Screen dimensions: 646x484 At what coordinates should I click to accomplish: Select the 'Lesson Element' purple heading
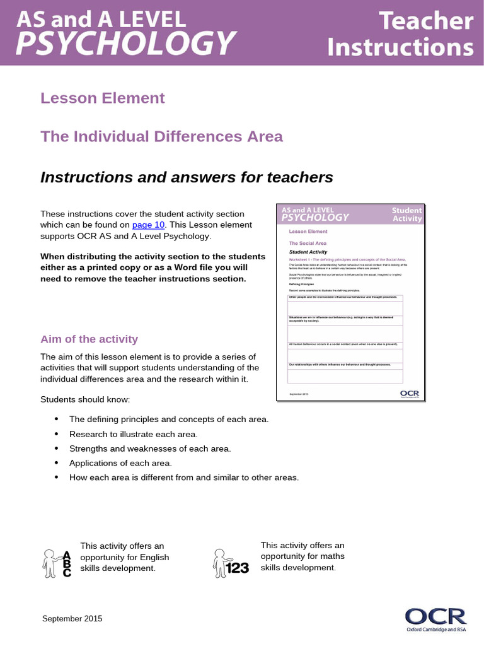coord(103,98)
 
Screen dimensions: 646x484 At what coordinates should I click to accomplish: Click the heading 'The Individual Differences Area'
coord(161,136)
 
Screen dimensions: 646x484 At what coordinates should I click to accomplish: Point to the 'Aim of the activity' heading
coord(89,339)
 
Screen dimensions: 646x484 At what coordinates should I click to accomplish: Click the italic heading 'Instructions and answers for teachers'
coord(187,178)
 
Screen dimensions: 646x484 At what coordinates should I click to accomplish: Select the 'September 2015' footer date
coord(72,619)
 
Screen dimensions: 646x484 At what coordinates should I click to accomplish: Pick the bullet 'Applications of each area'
coord(120,463)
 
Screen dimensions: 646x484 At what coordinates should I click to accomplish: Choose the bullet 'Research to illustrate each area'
coord(134,434)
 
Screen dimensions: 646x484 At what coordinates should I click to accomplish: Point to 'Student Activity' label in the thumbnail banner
coord(406,214)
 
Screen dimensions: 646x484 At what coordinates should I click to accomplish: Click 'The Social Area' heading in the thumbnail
coord(308,243)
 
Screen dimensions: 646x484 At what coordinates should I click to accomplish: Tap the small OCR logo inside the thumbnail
coord(409,394)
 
